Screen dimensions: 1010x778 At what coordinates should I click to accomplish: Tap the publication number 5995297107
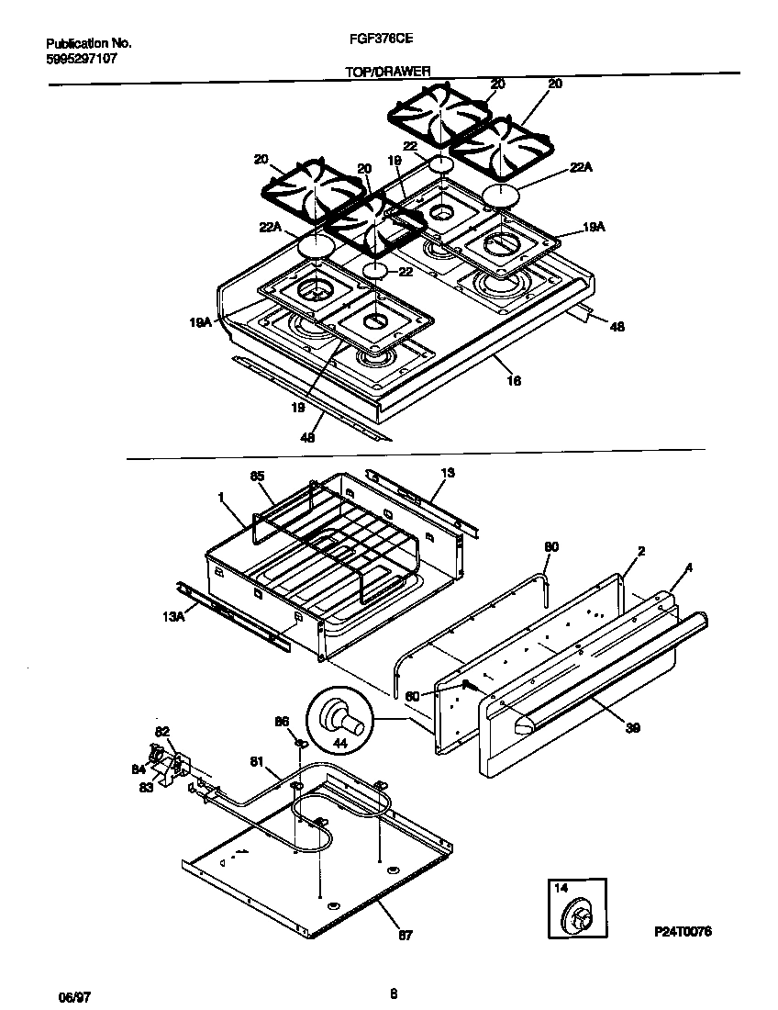(82, 58)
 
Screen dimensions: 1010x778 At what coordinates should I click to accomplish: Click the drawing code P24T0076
(683, 931)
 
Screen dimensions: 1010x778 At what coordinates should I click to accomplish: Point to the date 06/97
(60, 995)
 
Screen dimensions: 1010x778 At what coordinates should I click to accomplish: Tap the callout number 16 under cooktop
(514, 380)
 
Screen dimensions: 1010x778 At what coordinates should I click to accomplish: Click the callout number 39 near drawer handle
(631, 728)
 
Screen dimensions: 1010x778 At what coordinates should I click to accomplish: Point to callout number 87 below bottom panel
(406, 936)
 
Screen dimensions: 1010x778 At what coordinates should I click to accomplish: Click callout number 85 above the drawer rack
(257, 476)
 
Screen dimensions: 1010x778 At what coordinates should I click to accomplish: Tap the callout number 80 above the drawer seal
(550, 547)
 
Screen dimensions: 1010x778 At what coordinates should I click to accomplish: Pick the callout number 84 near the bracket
(139, 769)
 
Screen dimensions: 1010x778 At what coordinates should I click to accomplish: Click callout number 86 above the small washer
(282, 722)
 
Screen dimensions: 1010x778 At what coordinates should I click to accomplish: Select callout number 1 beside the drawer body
(222, 496)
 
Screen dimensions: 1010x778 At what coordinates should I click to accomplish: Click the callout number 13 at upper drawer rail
(447, 472)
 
